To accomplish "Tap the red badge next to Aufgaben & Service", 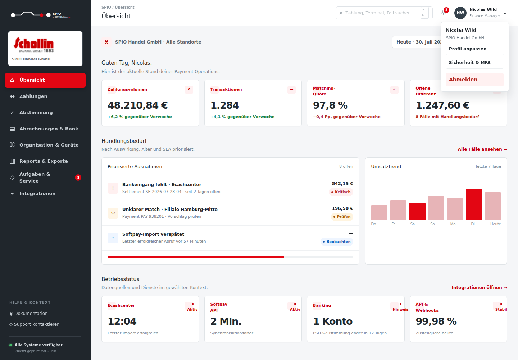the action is (x=78, y=177).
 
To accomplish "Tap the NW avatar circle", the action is (x=460, y=13).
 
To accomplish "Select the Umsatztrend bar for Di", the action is (x=474, y=204).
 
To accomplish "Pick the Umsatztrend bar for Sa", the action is (x=417, y=211).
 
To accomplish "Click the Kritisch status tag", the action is (x=341, y=192).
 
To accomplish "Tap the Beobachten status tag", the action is (x=337, y=242).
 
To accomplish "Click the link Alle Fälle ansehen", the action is (x=482, y=149).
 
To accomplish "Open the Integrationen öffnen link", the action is (x=480, y=288).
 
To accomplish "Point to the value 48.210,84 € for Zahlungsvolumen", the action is (x=137, y=105).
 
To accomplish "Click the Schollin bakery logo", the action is (x=34, y=45).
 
